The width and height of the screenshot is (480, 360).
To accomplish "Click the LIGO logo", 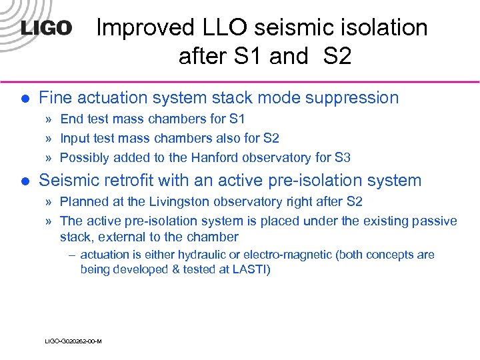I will [45, 28].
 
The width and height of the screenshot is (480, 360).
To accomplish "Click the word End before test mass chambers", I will [71, 119].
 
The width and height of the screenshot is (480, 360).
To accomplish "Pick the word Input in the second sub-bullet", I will [73, 139].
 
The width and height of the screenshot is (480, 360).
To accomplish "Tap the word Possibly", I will [85, 158].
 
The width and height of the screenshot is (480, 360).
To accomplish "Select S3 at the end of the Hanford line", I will [341, 158].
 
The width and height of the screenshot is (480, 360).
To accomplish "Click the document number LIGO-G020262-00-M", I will [73, 341].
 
